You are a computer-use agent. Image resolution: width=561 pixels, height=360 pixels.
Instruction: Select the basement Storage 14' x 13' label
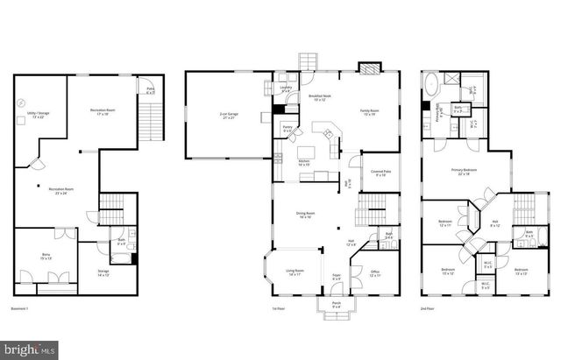click(x=104, y=273)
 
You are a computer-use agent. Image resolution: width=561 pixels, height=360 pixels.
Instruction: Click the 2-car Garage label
click(x=229, y=115)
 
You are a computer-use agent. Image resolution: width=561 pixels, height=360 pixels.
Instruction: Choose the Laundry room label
click(x=286, y=88)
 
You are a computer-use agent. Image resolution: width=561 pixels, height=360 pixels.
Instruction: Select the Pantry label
click(x=287, y=129)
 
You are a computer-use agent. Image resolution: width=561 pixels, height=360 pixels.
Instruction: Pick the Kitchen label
click(x=305, y=163)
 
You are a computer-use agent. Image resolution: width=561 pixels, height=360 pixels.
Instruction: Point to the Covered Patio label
click(x=380, y=173)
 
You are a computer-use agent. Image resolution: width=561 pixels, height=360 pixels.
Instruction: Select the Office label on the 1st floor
click(x=374, y=273)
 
